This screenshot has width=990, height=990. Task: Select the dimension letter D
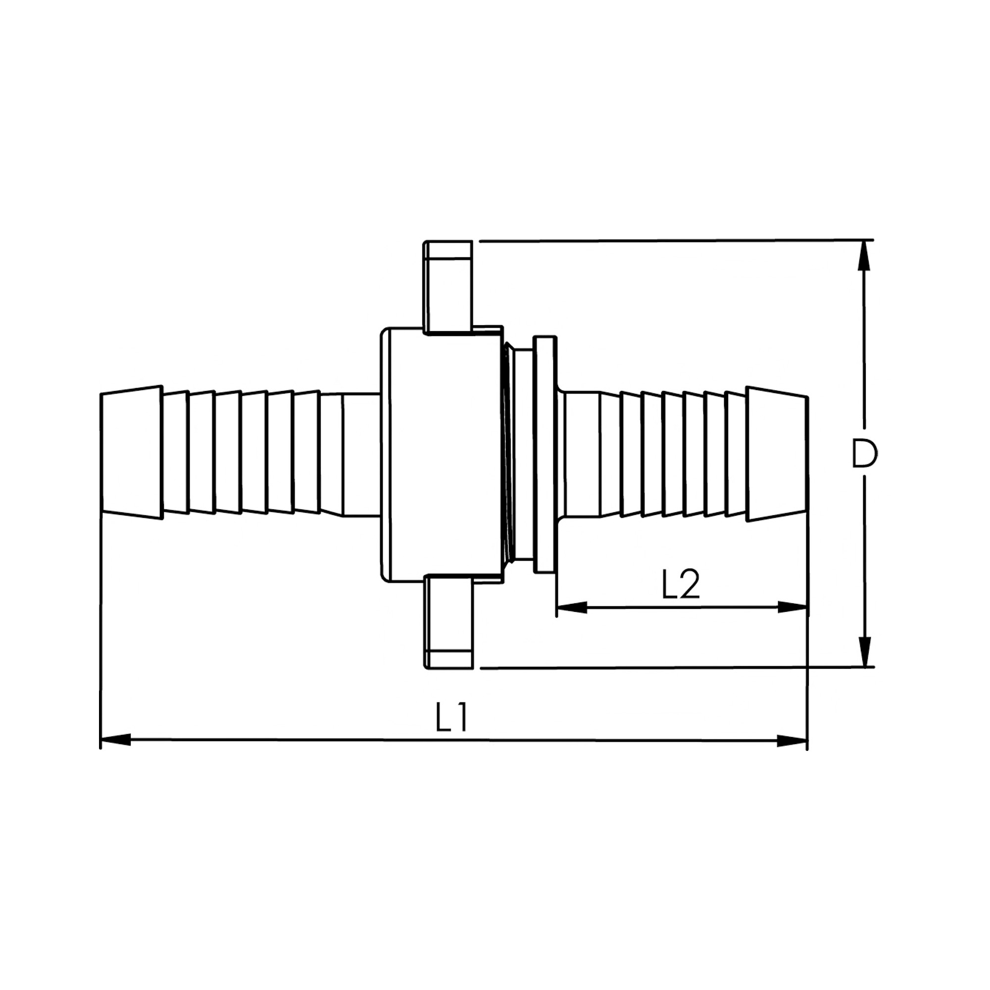pyautogui.click(x=864, y=453)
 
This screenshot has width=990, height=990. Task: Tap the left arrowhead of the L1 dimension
pyautogui.click(x=115, y=741)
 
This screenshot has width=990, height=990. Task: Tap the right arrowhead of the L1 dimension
pyautogui.click(x=792, y=741)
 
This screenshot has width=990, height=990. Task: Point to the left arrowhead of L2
pyautogui.click(x=572, y=608)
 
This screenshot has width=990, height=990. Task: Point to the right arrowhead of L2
pyautogui.click(x=792, y=608)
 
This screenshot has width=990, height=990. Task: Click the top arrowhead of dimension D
pyautogui.click(x=864, y=256)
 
